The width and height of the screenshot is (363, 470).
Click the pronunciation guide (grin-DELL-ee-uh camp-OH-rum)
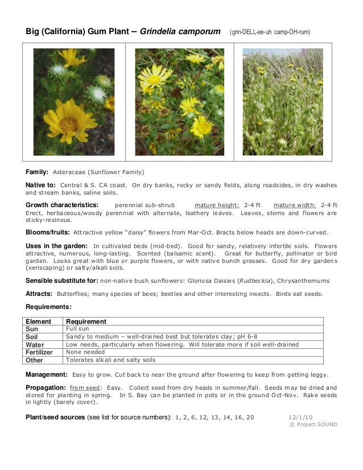(x=270, y=32)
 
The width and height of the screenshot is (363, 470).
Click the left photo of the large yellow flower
(x=73, y=102)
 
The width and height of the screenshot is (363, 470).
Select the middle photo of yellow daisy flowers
(x=179, y=102)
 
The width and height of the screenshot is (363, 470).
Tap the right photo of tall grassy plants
(x=283, y=102)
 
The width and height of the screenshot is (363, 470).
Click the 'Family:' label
(x=36, y=171)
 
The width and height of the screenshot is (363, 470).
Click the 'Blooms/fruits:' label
(x=48, y=232)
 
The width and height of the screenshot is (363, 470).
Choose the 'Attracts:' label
(x=39, y=294)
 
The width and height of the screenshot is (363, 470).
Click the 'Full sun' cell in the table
(x=77, y=329)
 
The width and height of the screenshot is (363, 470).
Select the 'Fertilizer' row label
(x=40, y=352)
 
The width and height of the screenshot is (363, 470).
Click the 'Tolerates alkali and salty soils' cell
(x=110, y=360)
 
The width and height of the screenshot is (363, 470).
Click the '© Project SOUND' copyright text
(x=313, y=424)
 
